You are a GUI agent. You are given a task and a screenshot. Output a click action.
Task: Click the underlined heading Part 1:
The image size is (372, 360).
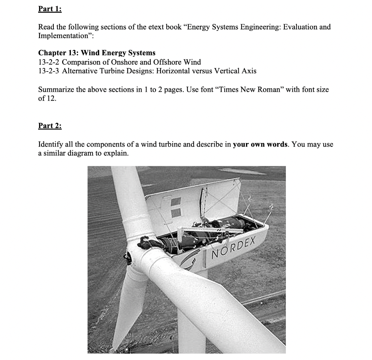[x=50, y=9]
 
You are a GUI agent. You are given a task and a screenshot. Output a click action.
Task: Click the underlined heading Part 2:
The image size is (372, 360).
[x=50, y=126]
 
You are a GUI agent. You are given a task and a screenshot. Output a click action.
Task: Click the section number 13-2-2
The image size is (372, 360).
[x=49, y=62]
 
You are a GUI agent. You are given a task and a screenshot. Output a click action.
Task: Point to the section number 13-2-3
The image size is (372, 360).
[x=49, y=71]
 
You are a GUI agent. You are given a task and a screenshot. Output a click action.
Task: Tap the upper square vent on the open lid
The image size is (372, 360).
[x=175, y=202]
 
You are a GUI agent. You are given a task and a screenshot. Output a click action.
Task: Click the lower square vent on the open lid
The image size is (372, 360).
[x=175, y=213]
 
